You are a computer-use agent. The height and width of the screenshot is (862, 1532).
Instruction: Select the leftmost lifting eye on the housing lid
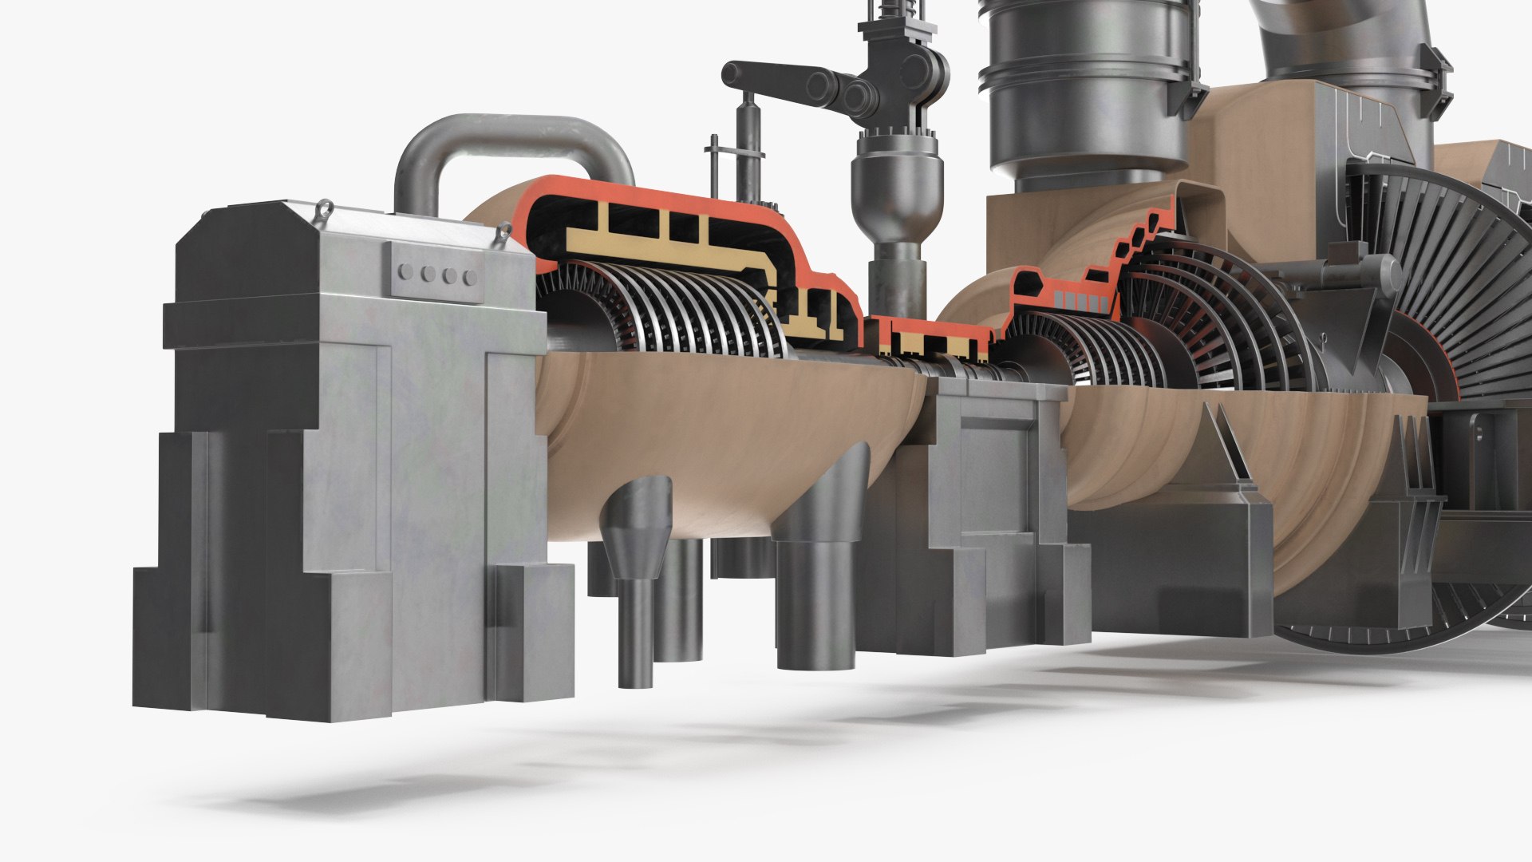(323, 209)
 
